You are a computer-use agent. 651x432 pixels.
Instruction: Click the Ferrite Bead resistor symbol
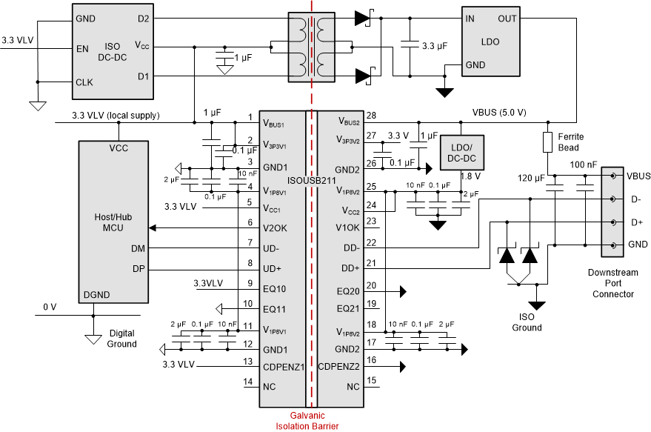(548, 142)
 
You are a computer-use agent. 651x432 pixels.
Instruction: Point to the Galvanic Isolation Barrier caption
(310, 420)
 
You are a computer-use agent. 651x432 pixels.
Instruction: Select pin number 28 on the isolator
(371, 116)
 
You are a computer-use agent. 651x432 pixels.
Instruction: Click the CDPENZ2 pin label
(338, 366)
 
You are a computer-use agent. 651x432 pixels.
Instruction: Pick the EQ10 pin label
(274, 289)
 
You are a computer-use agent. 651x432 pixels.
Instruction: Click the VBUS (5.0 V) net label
(499, 113)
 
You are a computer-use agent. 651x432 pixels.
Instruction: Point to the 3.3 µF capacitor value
(433, 46)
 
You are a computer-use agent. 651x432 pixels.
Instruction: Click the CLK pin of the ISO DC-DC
(84, 82)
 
